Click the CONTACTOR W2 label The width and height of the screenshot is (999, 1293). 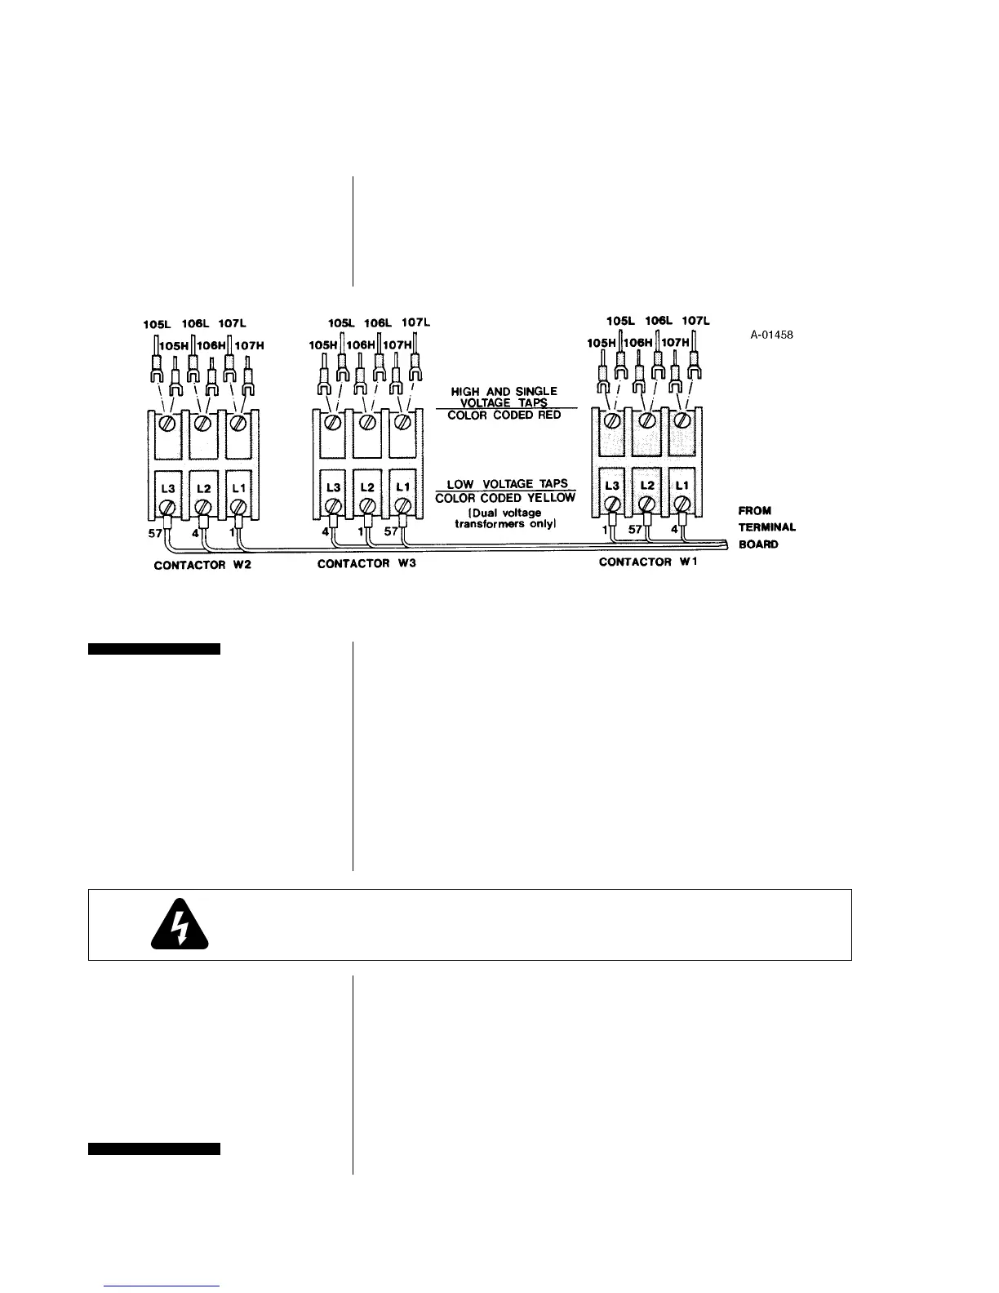202,566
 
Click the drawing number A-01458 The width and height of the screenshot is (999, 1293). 771,335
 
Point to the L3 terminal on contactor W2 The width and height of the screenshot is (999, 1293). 168,487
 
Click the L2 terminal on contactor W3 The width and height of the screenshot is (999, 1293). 367,487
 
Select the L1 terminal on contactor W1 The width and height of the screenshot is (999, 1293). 682,486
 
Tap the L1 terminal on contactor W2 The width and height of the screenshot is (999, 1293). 238,487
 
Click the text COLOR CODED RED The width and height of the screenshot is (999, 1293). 505,415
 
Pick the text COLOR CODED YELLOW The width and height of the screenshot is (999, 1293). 505,498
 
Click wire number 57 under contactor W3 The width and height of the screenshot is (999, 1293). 392,532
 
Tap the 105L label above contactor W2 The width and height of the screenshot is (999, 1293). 157,324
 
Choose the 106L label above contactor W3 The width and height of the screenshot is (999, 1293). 379,322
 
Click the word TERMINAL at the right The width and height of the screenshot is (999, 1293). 766,527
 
